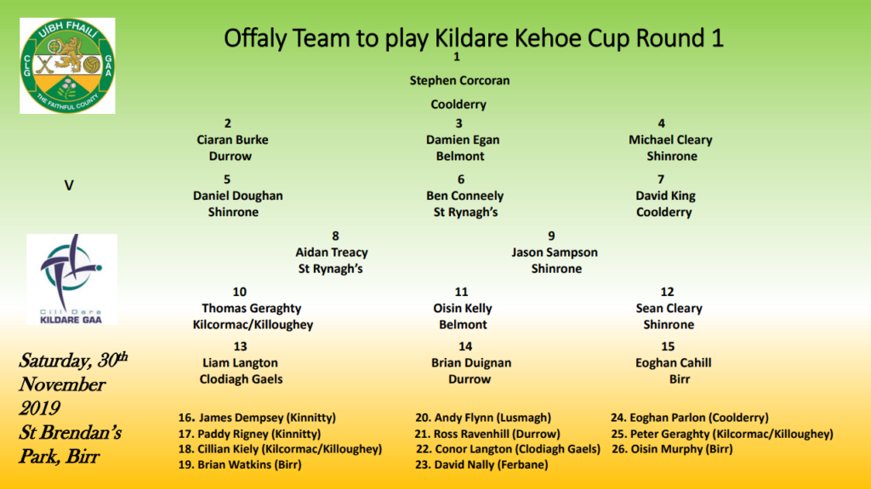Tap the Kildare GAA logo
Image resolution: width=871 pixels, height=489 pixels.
click(71, 279)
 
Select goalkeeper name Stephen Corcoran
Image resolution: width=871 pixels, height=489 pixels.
click(459, 81)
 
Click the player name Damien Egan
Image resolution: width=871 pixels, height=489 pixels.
click(462, 139)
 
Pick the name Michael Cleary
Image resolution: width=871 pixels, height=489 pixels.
click(670, 139)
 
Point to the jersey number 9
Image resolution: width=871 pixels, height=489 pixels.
click(551, 236)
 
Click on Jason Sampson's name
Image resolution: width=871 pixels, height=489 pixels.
click(554, 252)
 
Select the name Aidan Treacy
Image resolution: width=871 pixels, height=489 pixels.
click(332, 252)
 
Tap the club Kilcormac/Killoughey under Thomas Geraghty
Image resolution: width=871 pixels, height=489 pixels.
click(253, 324)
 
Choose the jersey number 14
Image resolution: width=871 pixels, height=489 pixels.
click(464, 346)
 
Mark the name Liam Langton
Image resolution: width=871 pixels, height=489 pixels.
click(240, 362)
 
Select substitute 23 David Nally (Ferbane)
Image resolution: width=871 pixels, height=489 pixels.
click(484, 465)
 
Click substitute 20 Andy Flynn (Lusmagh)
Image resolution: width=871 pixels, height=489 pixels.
click(482, 418)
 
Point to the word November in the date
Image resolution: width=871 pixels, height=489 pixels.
click(62, 384)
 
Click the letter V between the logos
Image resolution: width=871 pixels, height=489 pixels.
click(69, 185)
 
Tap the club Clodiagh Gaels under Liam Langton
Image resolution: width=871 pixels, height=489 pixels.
click(241, 378)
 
